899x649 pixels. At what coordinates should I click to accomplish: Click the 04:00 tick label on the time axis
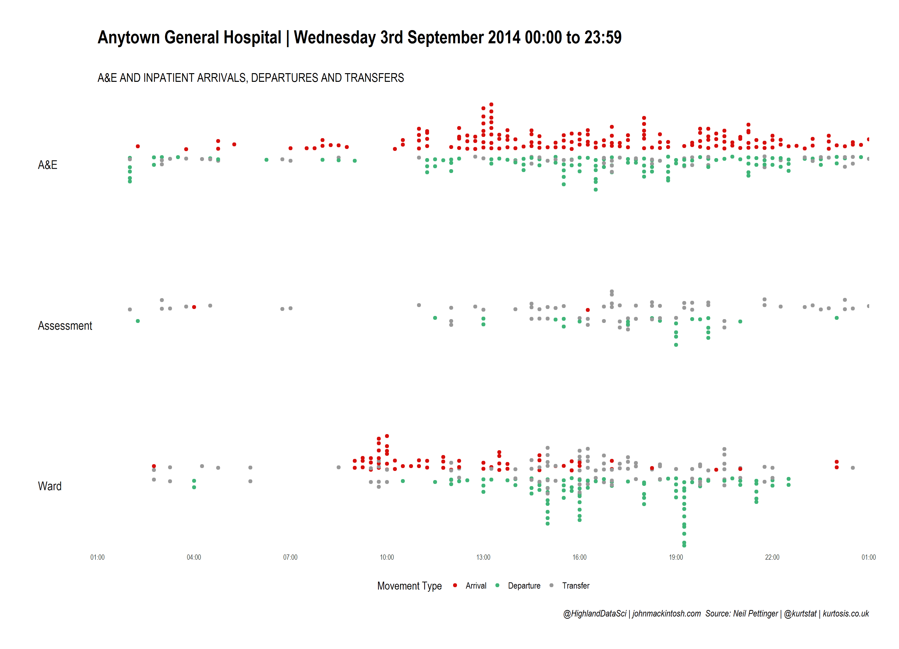[194, 557]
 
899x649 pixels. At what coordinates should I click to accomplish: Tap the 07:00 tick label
[290, 557]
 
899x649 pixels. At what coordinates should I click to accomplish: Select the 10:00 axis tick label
[387, 557]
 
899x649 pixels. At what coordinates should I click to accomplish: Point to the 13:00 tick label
[483, 557]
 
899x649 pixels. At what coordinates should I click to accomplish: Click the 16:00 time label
[580, 557]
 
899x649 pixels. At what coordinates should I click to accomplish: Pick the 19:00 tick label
[676, 557]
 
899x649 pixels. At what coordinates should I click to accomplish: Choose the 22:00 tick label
[772, 557]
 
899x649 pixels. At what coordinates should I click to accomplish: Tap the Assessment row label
[65, 326]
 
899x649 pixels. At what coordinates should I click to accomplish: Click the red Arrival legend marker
[455, 585]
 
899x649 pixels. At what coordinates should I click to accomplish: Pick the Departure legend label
[524, 586]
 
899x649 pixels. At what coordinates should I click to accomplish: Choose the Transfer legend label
[576, 586]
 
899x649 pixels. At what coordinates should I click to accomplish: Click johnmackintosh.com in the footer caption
[666, 614]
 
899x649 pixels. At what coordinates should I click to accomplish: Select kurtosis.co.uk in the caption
[846, 614]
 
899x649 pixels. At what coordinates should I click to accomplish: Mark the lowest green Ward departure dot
[684, 546]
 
